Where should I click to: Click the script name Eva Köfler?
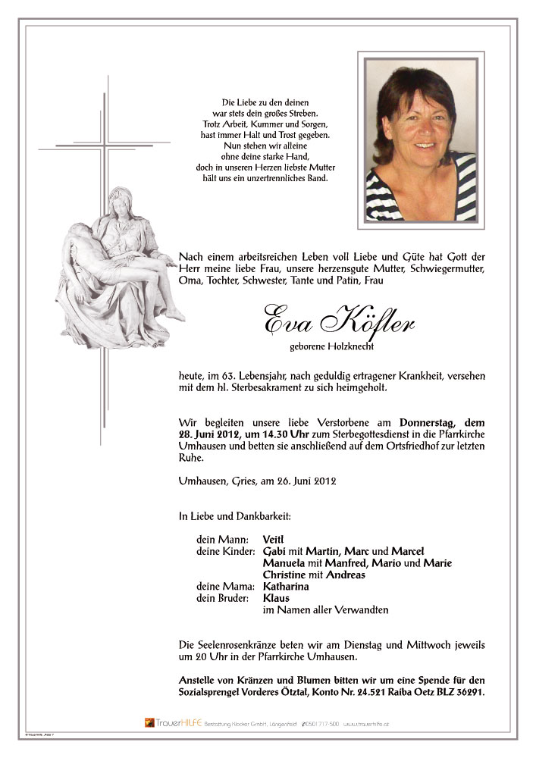[338, 321]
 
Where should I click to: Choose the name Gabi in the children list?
[275, 551]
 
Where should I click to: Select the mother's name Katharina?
[286, 587]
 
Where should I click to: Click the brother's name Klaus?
[276, 598]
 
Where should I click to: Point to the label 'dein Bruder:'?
[223, 598]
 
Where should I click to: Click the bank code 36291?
[465, 692]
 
